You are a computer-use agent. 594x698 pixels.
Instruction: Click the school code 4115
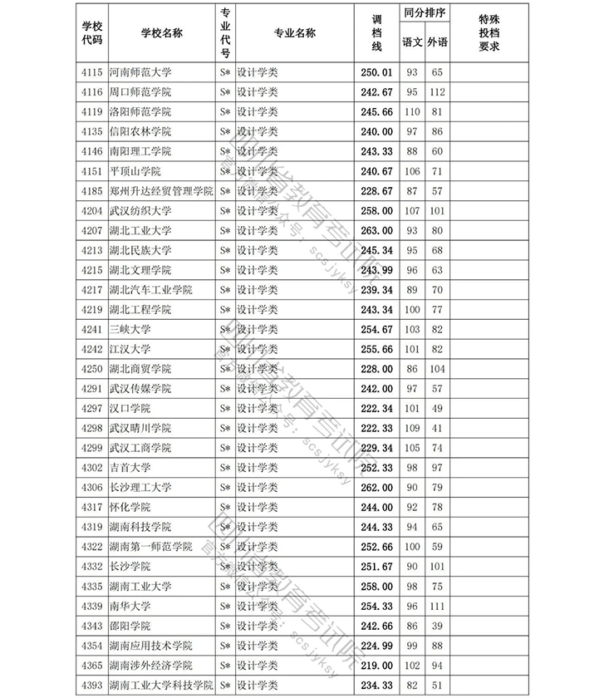pos(92,72)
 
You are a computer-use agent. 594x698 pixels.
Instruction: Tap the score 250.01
pos(376,72)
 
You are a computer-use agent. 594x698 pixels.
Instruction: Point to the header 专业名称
pos(294,33)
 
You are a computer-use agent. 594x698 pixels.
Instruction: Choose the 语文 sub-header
pos(411,42)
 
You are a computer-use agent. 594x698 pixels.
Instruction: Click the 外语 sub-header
pos(437,42)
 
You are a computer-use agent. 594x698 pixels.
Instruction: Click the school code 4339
pos(92,606)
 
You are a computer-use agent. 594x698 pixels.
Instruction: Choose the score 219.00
pos(376,666)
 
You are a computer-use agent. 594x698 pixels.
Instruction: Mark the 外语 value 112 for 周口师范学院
pos(437,92)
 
